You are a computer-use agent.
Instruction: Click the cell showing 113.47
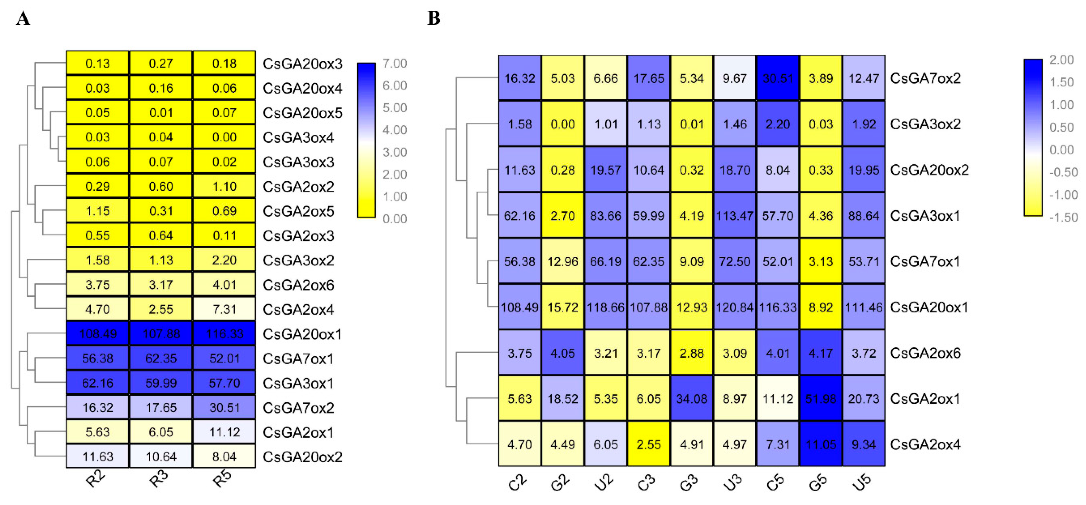(734, 216)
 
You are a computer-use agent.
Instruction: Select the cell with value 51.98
(821, 398)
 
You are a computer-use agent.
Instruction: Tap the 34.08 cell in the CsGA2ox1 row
(691, 398)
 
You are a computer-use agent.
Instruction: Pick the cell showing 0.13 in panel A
(98, 63)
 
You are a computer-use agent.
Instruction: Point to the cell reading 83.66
(605, 216)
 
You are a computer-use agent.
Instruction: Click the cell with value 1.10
(224, 186)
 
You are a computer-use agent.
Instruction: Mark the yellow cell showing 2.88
(691, 353)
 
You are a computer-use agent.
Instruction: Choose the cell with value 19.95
(863, 170)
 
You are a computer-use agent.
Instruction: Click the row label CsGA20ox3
(302, 64)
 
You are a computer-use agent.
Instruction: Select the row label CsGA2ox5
(298, 211)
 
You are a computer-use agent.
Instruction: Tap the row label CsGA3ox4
(298, 137)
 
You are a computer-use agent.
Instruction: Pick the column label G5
(818, 483)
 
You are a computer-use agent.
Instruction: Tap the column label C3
(646, 483)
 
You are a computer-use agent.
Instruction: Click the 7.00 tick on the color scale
(395, 64)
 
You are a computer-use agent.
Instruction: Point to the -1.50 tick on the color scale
(1063, 217)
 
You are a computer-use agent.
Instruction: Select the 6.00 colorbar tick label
(395, 86)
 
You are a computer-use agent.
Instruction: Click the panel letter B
(434, 18)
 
